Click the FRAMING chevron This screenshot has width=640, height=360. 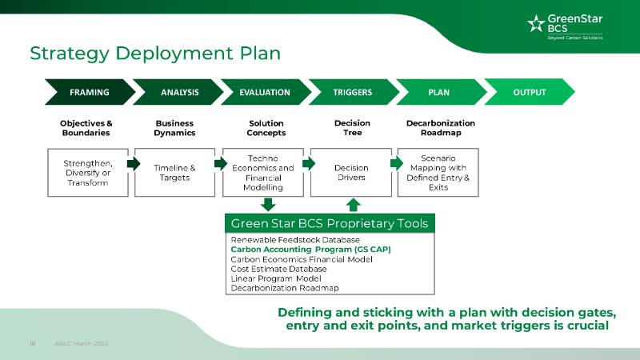click(89, 92)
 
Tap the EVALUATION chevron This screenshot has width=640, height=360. click(265, 92)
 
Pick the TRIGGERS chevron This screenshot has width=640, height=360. click(353, 92)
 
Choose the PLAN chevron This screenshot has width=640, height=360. click(439, 92)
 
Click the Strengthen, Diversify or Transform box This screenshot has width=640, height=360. click(87, 173)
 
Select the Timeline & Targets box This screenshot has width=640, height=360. click(174, 173)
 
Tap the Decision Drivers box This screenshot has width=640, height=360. click(350, 173)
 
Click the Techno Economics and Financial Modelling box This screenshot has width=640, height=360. click(263, 173)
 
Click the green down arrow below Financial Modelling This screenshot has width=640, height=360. click(269, 205)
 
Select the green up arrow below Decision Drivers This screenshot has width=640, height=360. click(354, 205)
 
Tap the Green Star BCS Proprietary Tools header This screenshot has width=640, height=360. click(329, 223)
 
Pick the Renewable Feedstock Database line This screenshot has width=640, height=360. click(295, 240)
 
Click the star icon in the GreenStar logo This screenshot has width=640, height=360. click(536, 24)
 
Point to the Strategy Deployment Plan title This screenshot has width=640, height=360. click(155, 54)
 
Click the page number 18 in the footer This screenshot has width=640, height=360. click(33, 343)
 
